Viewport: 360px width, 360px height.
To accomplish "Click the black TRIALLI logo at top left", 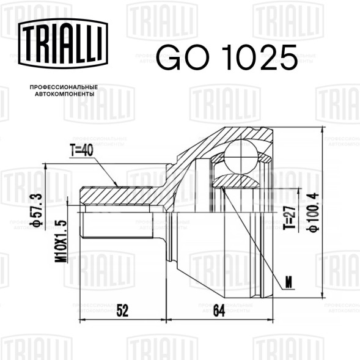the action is [63, 43].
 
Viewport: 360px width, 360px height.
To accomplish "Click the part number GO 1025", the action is [227, 57].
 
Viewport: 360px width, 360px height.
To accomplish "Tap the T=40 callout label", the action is [82, 150].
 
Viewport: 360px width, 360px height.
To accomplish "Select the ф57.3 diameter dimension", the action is [37, 210].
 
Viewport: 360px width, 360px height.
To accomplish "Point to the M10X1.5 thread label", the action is [61, 241].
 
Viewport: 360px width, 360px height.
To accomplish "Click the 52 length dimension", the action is [122, 310].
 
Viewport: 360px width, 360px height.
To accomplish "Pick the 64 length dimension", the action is [219, 310].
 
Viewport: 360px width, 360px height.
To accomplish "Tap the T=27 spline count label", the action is [289, 217].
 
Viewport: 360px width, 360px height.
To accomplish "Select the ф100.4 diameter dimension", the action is [314, 213].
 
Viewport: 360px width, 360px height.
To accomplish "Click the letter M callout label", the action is [288, 282].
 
